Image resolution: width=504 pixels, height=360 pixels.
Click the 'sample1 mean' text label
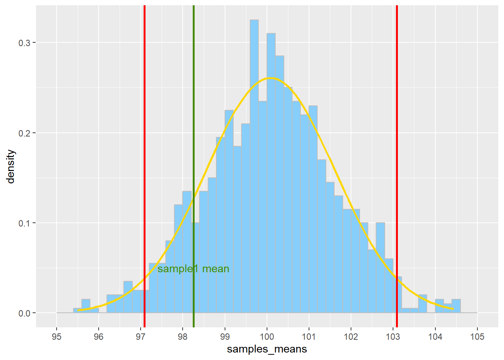pos(193,269)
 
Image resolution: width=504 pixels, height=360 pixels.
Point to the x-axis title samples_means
pos(267,349)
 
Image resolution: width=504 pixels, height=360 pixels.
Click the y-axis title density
pos(10,166)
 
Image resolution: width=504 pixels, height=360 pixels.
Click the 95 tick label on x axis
pos(57,337)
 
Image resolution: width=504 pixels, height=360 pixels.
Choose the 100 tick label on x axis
pos(267,337)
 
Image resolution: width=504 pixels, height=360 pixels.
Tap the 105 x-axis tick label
pos(477,337)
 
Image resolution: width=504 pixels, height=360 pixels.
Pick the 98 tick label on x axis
pos(183,337)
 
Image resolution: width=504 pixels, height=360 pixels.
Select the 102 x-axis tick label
pos(351,337)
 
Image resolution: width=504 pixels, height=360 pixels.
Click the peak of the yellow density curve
pos(270,78)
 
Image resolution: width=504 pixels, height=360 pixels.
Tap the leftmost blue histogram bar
pos(77,310)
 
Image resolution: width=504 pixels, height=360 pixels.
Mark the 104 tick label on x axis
pos(435,337)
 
